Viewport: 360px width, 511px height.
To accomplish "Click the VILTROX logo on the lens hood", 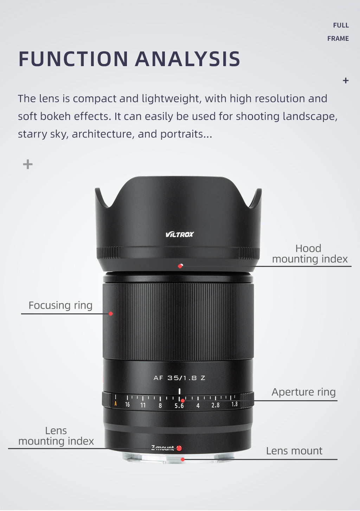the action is tap(180, 234).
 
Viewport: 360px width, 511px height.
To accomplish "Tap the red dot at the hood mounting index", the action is tap(180, 266).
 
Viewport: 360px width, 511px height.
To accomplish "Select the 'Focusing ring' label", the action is tap(60, 306).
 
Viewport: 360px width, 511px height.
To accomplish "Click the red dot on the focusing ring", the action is tap(111, 314).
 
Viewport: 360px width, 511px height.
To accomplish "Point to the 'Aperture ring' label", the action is tap(304, 392).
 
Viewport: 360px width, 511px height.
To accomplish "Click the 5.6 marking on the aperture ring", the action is tap(179, 406).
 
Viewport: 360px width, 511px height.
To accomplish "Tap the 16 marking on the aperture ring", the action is tap(128, 404).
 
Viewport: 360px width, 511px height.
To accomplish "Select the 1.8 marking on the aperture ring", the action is tap(234, 404).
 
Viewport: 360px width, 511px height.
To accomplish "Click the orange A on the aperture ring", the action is tap(116, 404).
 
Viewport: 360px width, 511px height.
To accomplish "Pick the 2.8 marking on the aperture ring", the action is tap(216, 405).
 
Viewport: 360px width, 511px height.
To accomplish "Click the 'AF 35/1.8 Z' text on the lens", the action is tap(179, 378).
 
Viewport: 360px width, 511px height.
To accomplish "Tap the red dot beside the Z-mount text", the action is tap(179, 448).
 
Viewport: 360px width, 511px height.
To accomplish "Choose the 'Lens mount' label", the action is tap(294, 451).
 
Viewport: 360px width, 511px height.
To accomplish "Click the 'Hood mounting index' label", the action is tap(310, 254).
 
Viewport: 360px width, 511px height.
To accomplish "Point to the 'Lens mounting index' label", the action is tap(56, 436).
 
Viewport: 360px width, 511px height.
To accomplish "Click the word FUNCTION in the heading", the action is tap(73, 59).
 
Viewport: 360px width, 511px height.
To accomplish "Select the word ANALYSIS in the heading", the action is tap(188, 59).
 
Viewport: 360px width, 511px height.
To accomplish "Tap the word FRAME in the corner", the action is tap(338, 39).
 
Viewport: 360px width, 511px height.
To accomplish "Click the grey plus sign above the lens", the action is tap(28, 164).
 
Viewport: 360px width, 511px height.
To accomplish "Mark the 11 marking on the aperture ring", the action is tap(143, 405).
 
